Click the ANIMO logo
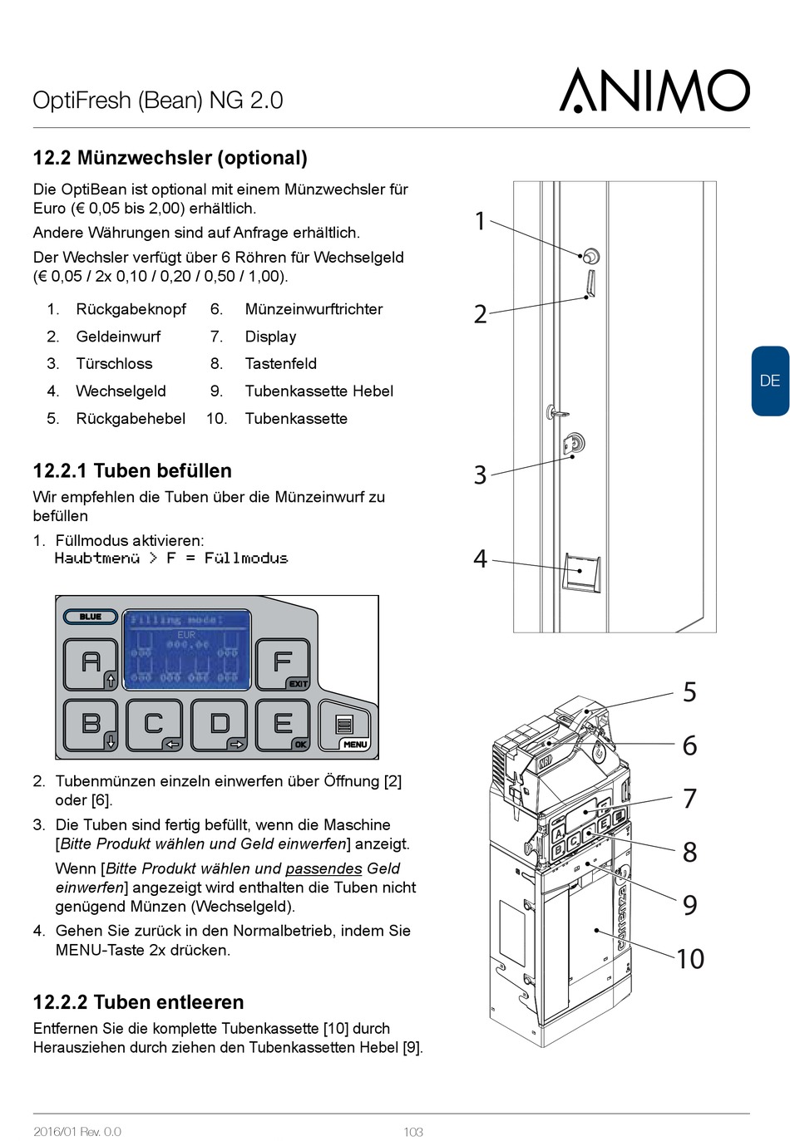(654, 91)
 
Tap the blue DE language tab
(770, 381)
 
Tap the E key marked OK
(283, 725)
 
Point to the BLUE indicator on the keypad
(90, 617)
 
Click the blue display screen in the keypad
(186, 649)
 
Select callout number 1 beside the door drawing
(480, 221)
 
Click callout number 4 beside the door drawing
(480, 558)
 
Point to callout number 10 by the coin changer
(689, 959)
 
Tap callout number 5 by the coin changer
(689, 691)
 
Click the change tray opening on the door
(581, 572)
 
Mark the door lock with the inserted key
(574, 443)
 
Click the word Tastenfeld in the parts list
(280, 364)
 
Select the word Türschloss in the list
(114, 364)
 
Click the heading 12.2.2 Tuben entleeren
(138, 1002)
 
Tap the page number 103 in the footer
(413, 1132)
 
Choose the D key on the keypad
(219, 725)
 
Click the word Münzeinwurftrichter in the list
(314, 309)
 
